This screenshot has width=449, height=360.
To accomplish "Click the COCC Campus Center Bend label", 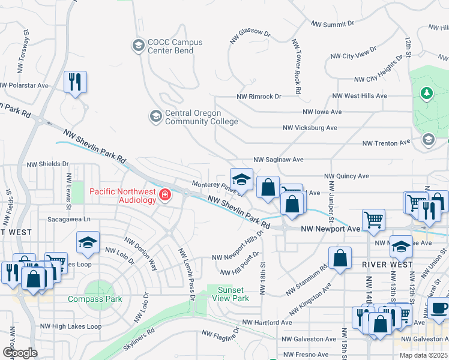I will pyautogui.click(x=175, y=46).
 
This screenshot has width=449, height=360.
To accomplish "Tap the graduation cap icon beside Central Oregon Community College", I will pyautogui.click(x=155, y=115).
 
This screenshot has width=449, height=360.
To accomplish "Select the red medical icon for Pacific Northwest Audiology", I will pyautogui.click(x=164, y=195).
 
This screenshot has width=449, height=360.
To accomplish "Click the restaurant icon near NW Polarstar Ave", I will pyautogui.click(x=75, y=81).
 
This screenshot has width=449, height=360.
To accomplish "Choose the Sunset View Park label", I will pyautogui.click(x=232, y=294).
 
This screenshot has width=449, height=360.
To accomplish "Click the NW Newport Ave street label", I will pyautogui.click(x=330, y=229).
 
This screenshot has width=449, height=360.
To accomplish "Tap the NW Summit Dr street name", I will pyautogui.click(x=332, y=24).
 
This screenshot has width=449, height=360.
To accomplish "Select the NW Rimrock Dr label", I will pyautogui.click(x=259, y=96).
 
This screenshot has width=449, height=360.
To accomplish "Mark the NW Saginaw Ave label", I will pyautogui.click(x=278, y=160).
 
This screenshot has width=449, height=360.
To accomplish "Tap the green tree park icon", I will pyautogui.click(x=426, y=94).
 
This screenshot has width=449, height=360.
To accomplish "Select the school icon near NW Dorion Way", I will pyautogui.click(x=88, y=242).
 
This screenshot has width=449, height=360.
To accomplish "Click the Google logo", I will pyautogui.click(x=20, y=352).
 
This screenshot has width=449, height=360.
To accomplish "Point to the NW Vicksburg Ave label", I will pyautogui.click(x=310, y=128).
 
